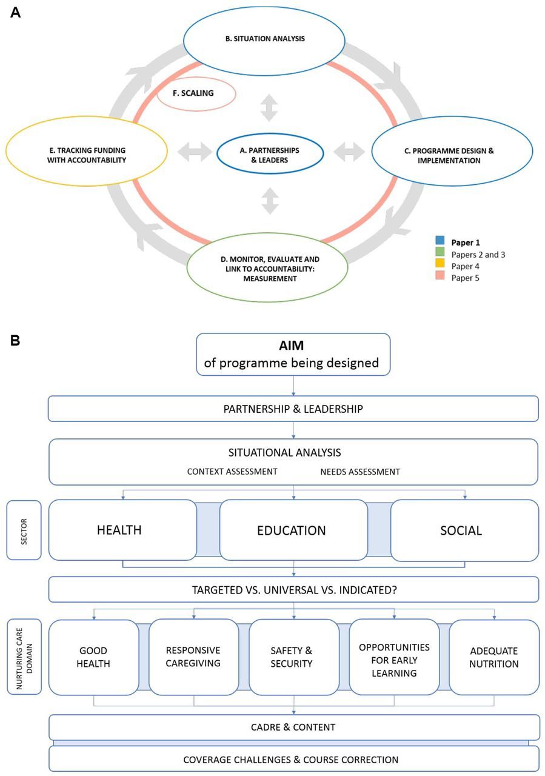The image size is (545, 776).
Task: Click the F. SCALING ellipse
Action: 196,94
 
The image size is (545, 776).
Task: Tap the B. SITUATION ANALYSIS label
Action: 264,38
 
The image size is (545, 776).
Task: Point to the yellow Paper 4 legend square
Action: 440,264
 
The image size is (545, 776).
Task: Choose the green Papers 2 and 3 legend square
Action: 440,253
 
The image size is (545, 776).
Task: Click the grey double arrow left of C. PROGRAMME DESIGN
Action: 349,152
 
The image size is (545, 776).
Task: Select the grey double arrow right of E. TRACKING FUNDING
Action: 192,152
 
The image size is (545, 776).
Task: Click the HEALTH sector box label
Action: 119,530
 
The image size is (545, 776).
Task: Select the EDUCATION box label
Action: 292,530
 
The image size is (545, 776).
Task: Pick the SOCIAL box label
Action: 461,530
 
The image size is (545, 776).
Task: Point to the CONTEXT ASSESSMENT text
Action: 232,471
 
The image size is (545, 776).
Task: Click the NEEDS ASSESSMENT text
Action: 360,471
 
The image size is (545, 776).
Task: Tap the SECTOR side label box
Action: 24,530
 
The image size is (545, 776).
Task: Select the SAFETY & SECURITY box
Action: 292,657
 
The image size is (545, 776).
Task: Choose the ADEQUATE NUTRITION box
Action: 494,657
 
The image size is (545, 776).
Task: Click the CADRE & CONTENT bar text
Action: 293,727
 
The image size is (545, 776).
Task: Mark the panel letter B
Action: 15,341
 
